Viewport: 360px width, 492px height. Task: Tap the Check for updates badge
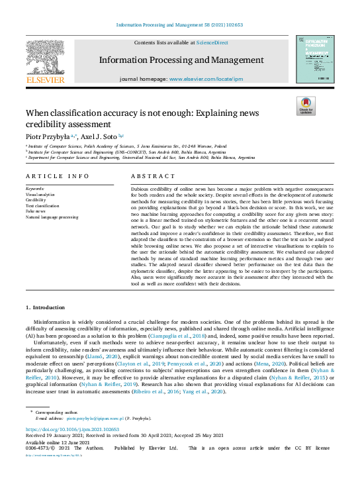click(x=305, y=105)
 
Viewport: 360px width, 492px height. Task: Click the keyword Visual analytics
click(x=41, y=194)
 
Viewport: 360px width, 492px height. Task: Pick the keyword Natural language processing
click(x=52, y=217)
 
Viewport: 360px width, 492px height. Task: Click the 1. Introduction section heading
click(x=45, y=307)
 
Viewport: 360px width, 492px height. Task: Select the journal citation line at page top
click(x=179, y=25)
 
